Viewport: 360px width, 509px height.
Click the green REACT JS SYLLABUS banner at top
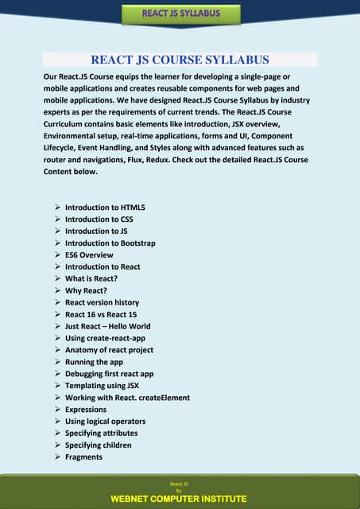pyautogui.click(x=180, y=14)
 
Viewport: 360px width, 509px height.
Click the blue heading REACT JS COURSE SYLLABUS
pyautogui.click(x=180, y=60)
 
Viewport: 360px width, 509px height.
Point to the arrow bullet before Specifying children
pyautogui.click(x=58, y=445)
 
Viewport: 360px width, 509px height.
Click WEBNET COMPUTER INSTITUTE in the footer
pyautogui.click(x=179, y=499)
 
